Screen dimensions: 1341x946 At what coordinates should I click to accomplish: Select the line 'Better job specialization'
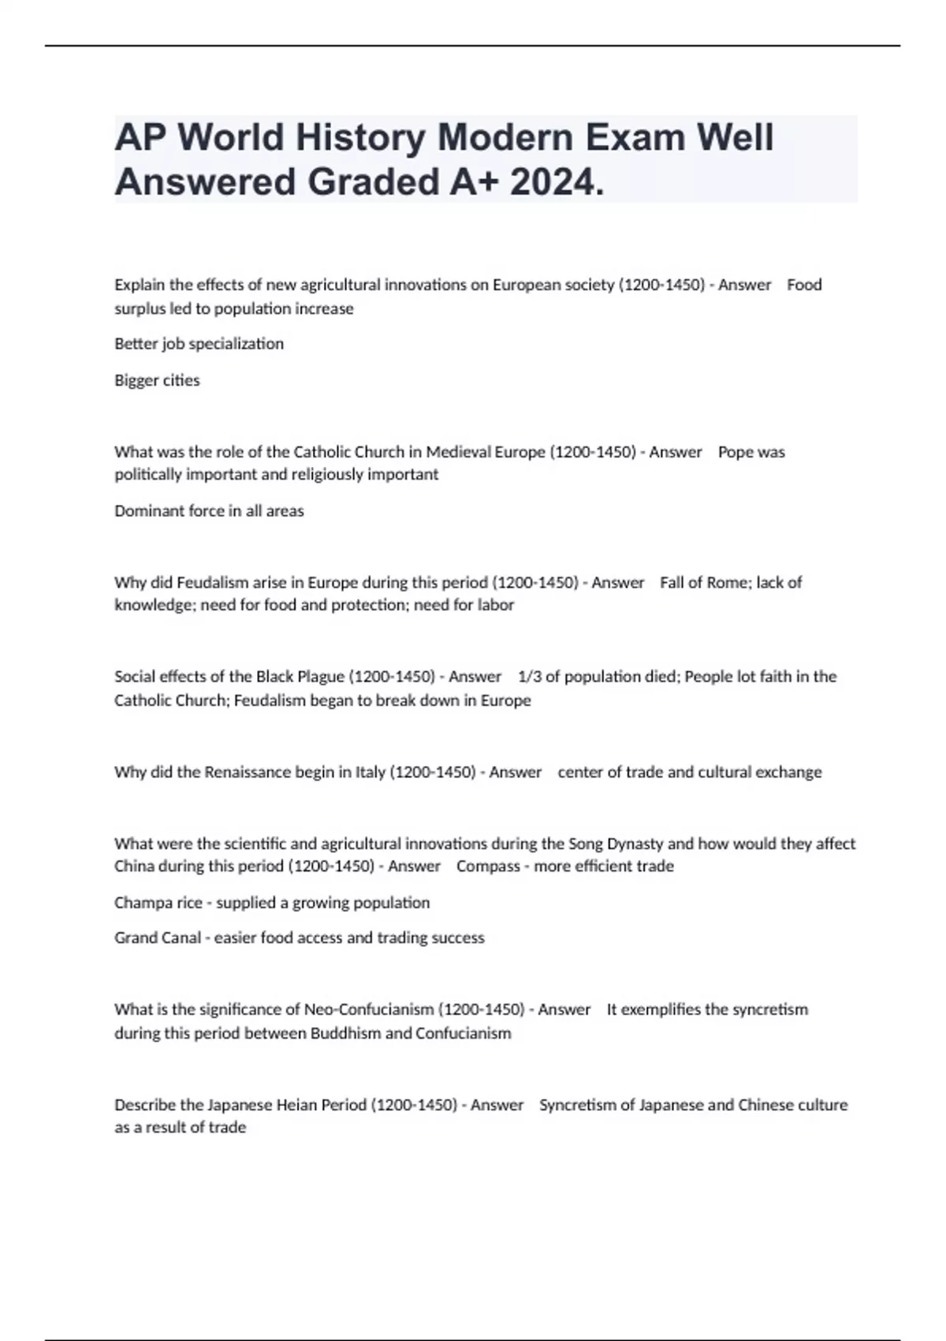[x=199, y=344]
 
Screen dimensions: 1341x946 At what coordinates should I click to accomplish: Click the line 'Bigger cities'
[x=157, y=380]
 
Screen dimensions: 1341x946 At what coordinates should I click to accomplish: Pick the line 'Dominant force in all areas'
[x=209, y=511]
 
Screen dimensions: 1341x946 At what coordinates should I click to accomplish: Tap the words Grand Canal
[x=157, y=938]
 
